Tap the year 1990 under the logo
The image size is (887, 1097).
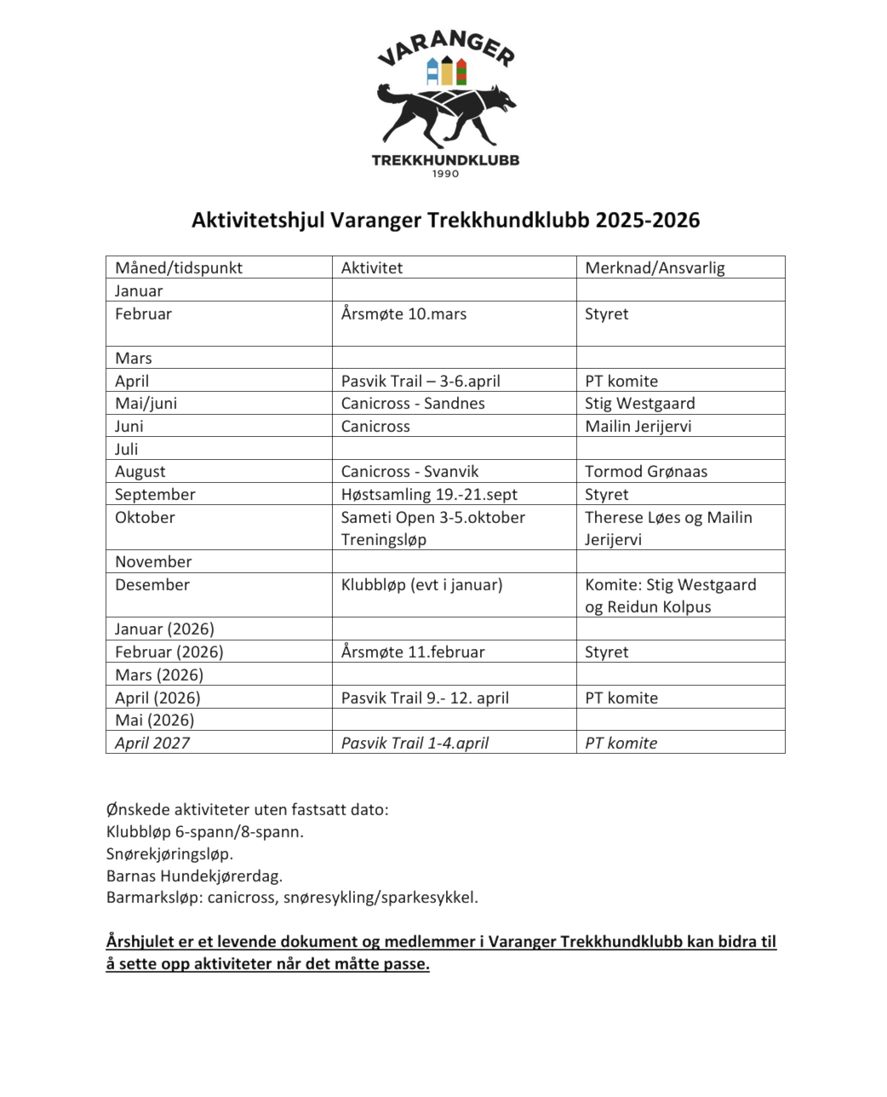click(x=445, y=174)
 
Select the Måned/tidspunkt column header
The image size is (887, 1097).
click(x=179, y=267)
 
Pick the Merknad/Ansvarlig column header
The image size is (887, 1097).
click(x=655, y=267)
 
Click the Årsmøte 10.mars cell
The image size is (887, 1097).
click(x=403, y=313)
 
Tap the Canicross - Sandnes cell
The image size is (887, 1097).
click(x=413, y=403)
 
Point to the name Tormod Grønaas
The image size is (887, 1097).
click(x=646, y=471)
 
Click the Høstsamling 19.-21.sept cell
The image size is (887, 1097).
click(x=429, y=494)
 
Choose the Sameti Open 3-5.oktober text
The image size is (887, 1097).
click(x=432, y=517)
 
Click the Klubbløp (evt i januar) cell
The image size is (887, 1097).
click(x=421, y=584)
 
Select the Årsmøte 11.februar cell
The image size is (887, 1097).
click(x=413, y=652)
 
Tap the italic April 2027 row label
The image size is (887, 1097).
click(x=152, y=743)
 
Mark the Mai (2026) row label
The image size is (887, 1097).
click(x=154, y=720)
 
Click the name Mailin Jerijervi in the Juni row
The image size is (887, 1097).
click(x=638, y=426)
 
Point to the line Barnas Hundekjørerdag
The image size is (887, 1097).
click(x=194, y=875)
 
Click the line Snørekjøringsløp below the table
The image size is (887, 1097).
click(x=169, y=853)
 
